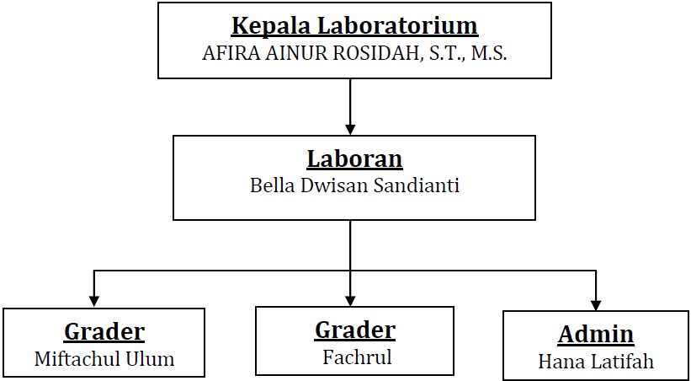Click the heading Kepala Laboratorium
pos(354,27)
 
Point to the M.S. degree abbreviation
pos(488,53)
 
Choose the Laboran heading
pos(354,159)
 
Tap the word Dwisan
pos(335,185)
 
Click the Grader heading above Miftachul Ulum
pos(104,332)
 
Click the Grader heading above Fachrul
pos(354,330)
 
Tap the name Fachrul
pos(357,357)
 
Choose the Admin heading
pos(596,335)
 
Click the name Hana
pos(558,362)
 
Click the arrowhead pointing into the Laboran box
pos(350,129)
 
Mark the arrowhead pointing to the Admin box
pos(596,305)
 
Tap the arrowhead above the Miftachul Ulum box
pos(94,301)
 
